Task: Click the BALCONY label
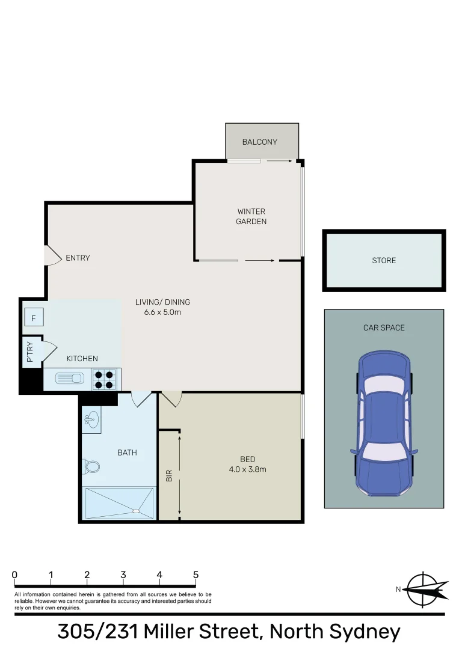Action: point(259,142)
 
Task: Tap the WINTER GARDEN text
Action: point(251,216)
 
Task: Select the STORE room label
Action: point(384,260)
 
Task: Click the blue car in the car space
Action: point(384,423)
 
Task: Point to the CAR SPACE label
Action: point(384,328)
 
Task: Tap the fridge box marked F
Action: point(34,317)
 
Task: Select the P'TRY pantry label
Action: point(29,352)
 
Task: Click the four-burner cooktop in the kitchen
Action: point(104,379)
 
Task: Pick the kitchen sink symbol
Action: point(69,379)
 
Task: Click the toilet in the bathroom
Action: point(91,466)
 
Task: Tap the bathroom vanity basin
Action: point(91,419)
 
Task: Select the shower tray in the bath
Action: point(119,503)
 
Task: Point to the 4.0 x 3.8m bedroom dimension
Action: point(247,469)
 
